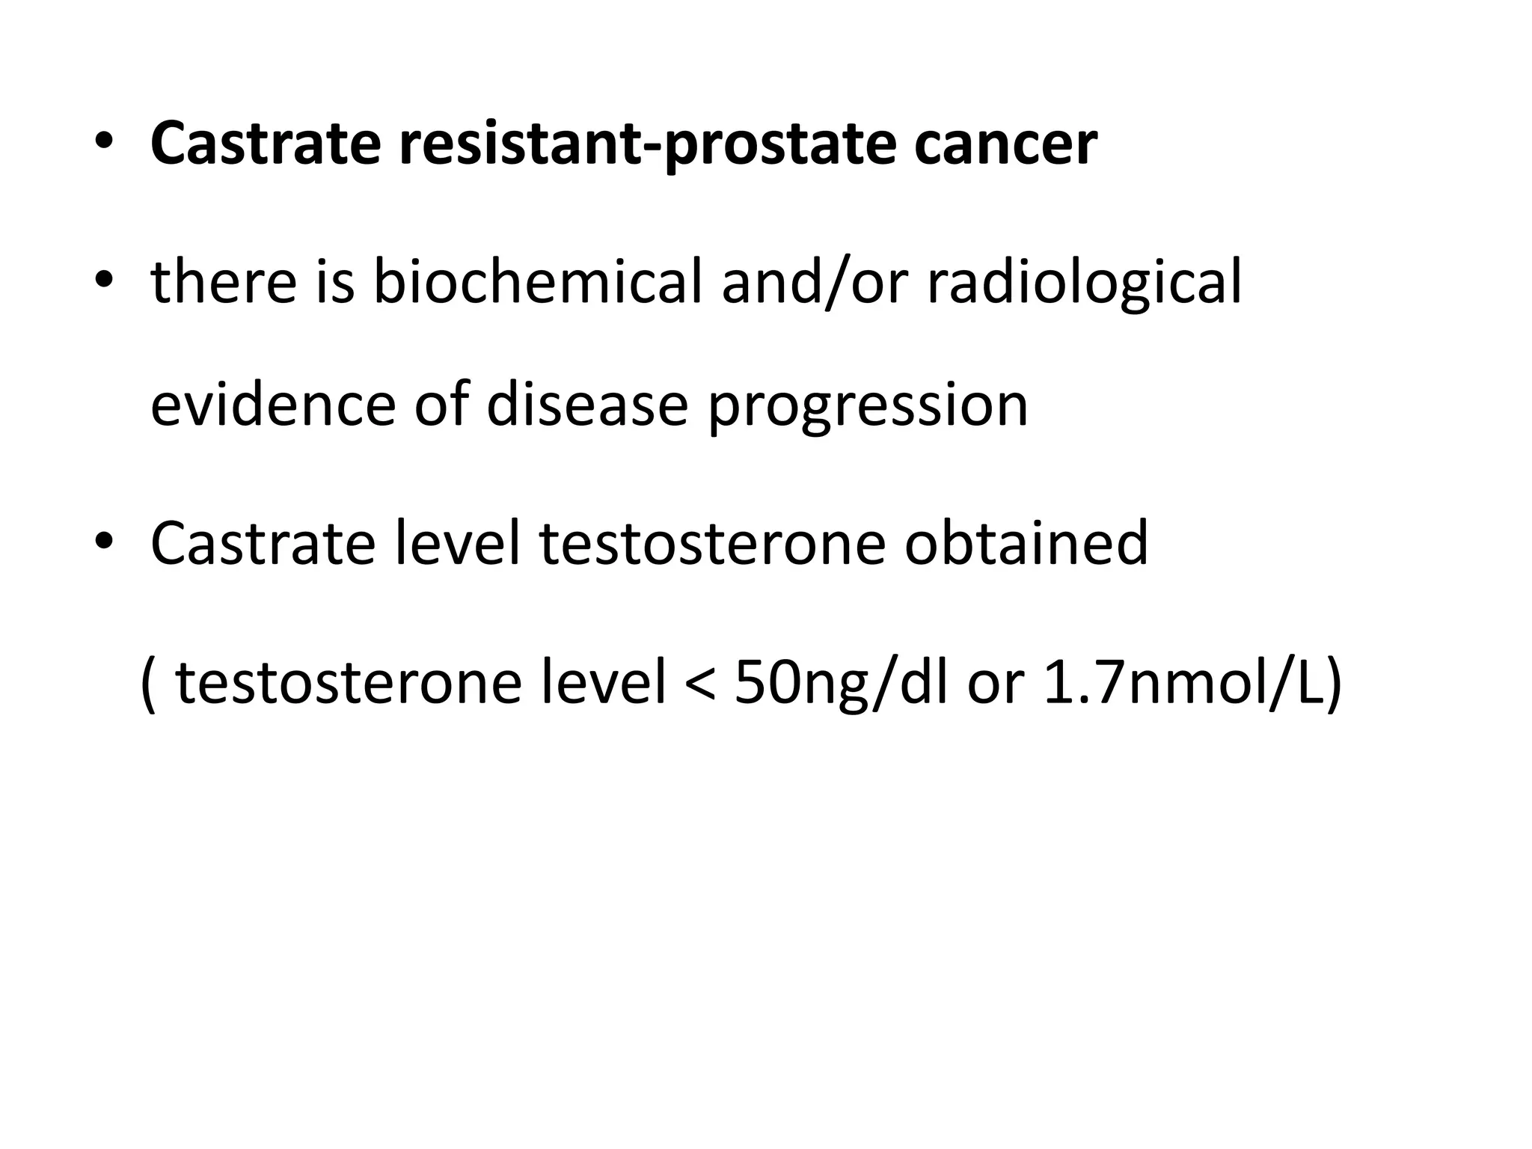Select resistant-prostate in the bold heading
(648, 144)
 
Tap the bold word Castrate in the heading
(266, 144)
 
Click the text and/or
(815, 282)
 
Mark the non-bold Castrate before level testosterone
(263, 542)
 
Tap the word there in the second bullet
(224, 282)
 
